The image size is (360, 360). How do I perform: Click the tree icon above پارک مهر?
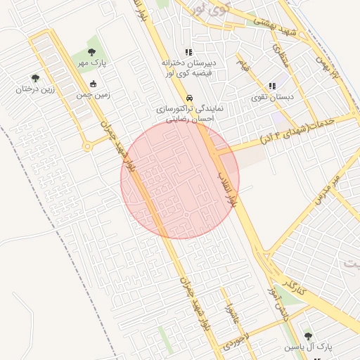pos(92,51)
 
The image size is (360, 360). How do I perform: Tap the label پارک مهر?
pos(92,63)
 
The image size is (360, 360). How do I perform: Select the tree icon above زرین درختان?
pos(35,78)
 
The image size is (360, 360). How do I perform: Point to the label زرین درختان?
pos(36,89)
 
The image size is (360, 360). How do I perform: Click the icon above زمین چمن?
pos(93,84)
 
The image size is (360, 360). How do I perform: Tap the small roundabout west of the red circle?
pos(87,146)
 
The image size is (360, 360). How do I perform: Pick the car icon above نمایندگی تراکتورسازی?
pos(188,98)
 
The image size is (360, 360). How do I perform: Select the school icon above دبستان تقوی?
pos(272,86)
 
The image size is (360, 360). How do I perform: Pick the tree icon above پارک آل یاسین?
pos(307,336)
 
